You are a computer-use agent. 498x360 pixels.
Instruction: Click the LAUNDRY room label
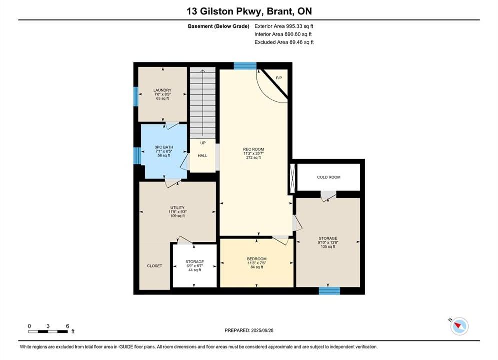(x=162, y=90)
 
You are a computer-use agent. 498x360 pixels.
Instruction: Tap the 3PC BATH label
(x=164, y=147)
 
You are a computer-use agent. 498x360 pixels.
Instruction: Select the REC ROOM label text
(x=253, y=149)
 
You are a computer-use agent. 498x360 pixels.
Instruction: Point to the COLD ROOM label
(x=329, y=177)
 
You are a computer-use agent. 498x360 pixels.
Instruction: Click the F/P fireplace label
(x=279, y=78)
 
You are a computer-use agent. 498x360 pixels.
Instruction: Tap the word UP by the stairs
(x=203, y=143)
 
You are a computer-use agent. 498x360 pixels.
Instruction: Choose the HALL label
(x=203, y=156)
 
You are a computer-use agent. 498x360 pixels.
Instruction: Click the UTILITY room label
(x=177, y=208)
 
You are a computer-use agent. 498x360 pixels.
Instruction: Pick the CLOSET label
(x=154, y=266)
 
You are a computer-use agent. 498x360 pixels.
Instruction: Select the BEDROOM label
(x=257, y=259)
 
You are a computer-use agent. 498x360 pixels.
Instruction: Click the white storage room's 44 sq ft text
(x=195, y=270)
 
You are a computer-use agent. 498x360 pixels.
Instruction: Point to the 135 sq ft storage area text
(x=328, y=247)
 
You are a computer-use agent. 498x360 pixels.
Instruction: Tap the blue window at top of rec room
(x=245, y=66)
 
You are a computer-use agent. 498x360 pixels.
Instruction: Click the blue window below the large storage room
(x=329, y=291)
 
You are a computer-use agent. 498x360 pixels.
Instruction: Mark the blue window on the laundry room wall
(x=136, y=96)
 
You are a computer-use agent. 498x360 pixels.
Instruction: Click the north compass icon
(x=459, y=326)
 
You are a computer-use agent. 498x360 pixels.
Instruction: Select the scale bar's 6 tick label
(x=68, y=326)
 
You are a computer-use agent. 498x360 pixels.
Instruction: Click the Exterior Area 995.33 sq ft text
(x=284, y=26)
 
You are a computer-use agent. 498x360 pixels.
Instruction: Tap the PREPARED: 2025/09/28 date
(x=249, y=330)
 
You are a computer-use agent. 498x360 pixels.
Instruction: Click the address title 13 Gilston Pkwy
(x=224, y=11)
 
